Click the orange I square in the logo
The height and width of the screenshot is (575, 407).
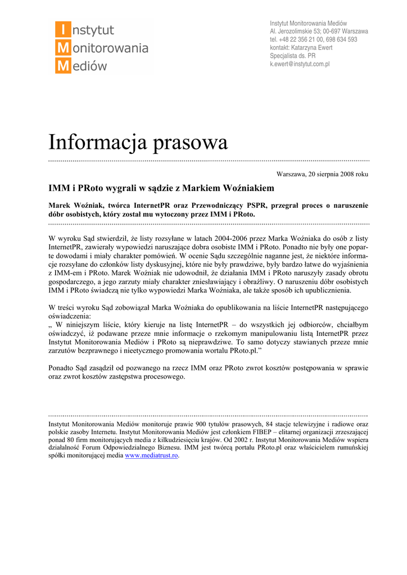(63, 29)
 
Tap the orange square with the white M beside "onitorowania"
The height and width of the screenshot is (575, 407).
(63, 48)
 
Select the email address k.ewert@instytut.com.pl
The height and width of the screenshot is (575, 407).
(300, 65)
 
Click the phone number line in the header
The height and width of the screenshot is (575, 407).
(313, 39)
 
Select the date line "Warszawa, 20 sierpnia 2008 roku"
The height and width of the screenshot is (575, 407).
(323, 174)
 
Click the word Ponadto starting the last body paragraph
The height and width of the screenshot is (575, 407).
(62, 368)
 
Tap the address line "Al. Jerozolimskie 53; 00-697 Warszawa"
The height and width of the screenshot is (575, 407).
(319, 31)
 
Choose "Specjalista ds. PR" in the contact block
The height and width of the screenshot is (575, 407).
(292, 56)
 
